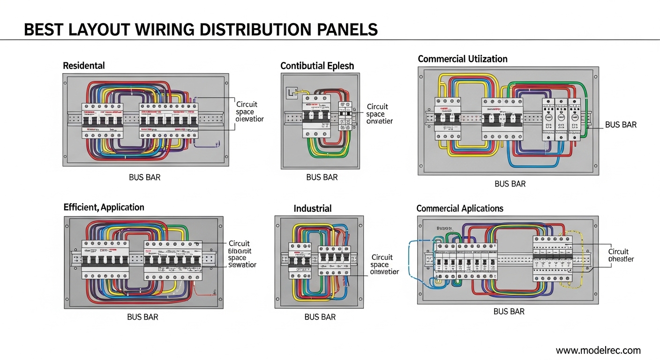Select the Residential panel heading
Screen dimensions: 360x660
(84, 66)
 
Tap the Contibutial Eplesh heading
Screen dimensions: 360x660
(317, 66)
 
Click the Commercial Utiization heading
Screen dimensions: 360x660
(462, 59)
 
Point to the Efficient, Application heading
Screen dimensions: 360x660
(104, 207)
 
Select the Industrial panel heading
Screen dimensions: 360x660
(312, 209)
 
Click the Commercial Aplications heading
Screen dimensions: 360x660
(459, 209)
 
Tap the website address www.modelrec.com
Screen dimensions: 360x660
(598, 350)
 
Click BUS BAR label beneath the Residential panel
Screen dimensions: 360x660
(144, 178)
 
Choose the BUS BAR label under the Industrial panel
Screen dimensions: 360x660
(320, 317)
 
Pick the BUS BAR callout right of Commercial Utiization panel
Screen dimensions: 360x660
(621, 125)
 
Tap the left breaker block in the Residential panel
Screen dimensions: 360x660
(103, 121)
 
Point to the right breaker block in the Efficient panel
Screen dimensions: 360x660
(173, 260)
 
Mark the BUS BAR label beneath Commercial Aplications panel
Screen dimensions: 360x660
(509, 311)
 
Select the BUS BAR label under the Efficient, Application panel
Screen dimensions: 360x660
(142, 317)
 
